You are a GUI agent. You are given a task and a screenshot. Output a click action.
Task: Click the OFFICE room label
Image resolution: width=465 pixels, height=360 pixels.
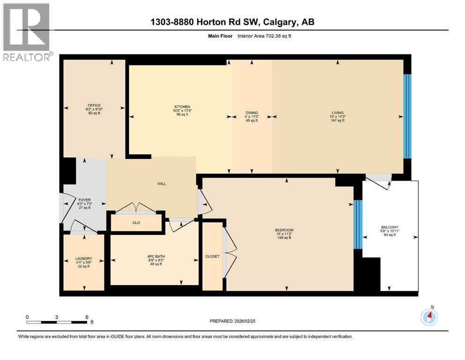pos(94,105)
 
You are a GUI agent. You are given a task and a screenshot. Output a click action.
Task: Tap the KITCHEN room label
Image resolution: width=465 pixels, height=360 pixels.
pos(182,107)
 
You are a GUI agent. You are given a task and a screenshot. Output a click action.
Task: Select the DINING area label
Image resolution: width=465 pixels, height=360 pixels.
pos(252,112)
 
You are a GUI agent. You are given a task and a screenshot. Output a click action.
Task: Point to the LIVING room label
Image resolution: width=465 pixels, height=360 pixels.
pos(337,112)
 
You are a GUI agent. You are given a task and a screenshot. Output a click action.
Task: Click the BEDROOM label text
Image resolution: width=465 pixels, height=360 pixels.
pos(284,230)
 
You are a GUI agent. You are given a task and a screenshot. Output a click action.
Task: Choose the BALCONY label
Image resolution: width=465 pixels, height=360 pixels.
pos(390,227)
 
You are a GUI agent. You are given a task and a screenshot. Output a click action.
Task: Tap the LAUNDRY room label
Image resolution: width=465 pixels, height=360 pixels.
pos(83,258)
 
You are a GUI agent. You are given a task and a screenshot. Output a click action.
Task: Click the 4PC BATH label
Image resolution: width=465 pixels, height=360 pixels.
pos(154,256)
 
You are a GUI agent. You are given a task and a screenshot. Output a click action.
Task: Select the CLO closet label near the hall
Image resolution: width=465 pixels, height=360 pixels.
pos(136,223)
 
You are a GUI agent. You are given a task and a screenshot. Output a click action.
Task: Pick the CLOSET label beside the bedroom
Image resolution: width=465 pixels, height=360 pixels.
pos(212,256)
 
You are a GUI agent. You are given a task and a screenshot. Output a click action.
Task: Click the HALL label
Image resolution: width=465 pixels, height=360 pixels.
pos(162,184)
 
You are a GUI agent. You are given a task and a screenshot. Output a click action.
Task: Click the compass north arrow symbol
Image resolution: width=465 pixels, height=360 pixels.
pos(429,317)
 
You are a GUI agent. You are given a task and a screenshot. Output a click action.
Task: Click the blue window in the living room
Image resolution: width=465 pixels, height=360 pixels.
pos(407,116)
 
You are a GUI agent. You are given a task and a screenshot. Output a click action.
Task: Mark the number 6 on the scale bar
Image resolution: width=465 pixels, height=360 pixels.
pos(87,317)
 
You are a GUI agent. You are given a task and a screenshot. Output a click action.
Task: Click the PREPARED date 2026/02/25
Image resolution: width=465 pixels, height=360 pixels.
pos(246,321)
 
